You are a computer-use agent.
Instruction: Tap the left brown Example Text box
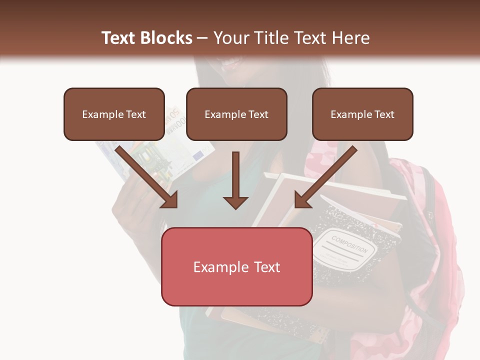(114, 114)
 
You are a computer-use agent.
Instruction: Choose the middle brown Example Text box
(236, 114)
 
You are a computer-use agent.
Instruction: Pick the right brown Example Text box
(362, 114)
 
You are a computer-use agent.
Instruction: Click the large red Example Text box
(236, 267)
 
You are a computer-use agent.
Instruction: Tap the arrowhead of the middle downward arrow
(235, 202)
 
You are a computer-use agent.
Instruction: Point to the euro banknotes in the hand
(160, 150)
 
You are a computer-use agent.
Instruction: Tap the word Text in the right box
(384, 114)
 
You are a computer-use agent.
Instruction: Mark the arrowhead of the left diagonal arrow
(170, 200)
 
